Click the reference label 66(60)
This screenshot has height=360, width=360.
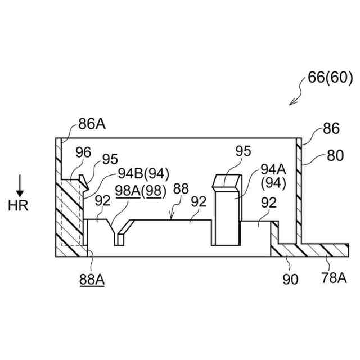[330, 78]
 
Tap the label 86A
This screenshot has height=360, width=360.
[92, 124]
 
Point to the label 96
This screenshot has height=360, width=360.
[83, 152]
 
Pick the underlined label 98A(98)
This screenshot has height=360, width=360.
[141, 191]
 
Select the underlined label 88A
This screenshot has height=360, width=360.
[92, 277]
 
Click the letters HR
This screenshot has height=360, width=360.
[18, 205]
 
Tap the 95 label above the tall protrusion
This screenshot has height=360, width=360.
[243, 151]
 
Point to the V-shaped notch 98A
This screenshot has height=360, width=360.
[119, 233]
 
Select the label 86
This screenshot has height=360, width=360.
[331, 129]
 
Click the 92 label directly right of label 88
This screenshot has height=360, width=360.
[198, 201]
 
